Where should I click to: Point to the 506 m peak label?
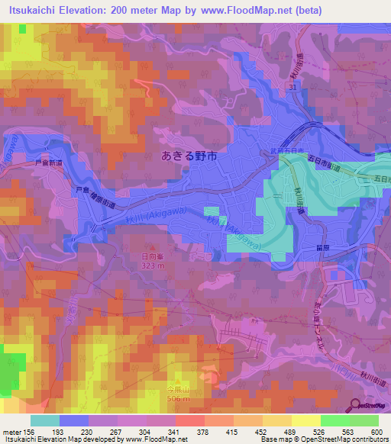pyautogui.click(x=179, y=397)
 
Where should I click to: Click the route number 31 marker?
pyautogui.click(x=292, y=89)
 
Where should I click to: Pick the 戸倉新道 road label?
pyautogui.click(x=47, y=163)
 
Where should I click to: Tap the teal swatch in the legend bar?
pyautogui.click(x=45, y=420)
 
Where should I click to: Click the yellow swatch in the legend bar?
pyautogui.click(x=306, y=420)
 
